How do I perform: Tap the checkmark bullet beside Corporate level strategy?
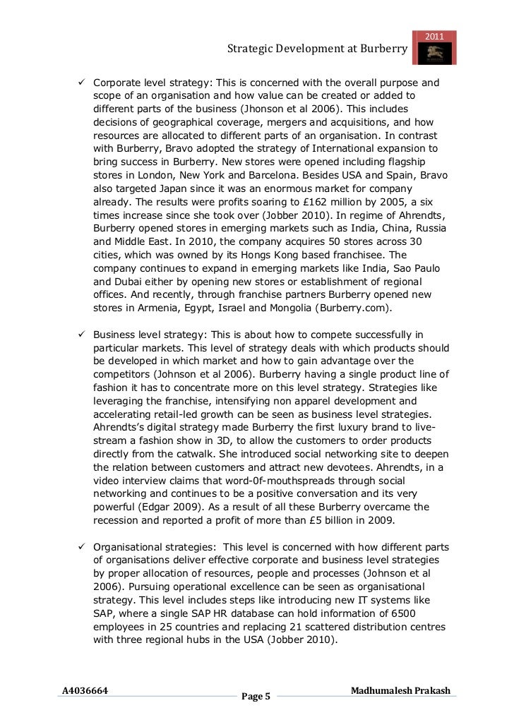pos(81,82)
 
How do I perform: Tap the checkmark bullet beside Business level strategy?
pos(81,334)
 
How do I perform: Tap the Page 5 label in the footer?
pos(256,697)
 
